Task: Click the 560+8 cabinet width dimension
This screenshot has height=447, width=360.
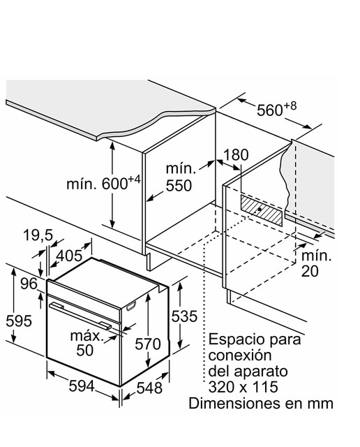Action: pyautogui.click(x=276, y=109)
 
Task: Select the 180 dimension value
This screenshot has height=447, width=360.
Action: pyautogui.click(x=236, y=155)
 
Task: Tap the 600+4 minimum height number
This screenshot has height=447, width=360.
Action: pyautogui.click(x=121, y=183)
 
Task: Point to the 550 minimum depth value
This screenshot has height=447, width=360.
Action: pyautogui.click(x=179, y=186)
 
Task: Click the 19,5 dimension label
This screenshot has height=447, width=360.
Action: pyautogui.click(x=38, y=236)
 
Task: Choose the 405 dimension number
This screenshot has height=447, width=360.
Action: pyautogui.click(x=69, y=256)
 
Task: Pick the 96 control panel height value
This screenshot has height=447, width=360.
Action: pyautogui.click(x=29, y=284)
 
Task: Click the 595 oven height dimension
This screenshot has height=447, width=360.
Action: pyautogui.click(x=19, y=321)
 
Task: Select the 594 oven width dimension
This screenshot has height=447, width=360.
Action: pyautogui.click(x=82, y=386)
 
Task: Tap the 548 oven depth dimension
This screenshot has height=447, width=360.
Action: pyautogui.click(x=149, y=388)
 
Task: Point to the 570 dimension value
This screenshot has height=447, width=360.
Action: pyautogui.click(x=147, y=344)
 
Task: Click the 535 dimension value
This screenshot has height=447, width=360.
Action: pyautogui.click(x=184, y=316)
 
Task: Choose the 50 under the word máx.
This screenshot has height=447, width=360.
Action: pyautogui.click(x=84, y=350)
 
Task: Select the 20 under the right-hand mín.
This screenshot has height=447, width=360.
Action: pyautogui.click(x=310, y=271)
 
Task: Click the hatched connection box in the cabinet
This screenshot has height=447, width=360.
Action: pyautogui.click(x=262, y=211)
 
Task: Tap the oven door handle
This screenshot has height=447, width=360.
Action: pyautogui.click(x=80, y=316)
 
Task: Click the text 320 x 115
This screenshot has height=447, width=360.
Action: pyautogui.click(x=243, y=387)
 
